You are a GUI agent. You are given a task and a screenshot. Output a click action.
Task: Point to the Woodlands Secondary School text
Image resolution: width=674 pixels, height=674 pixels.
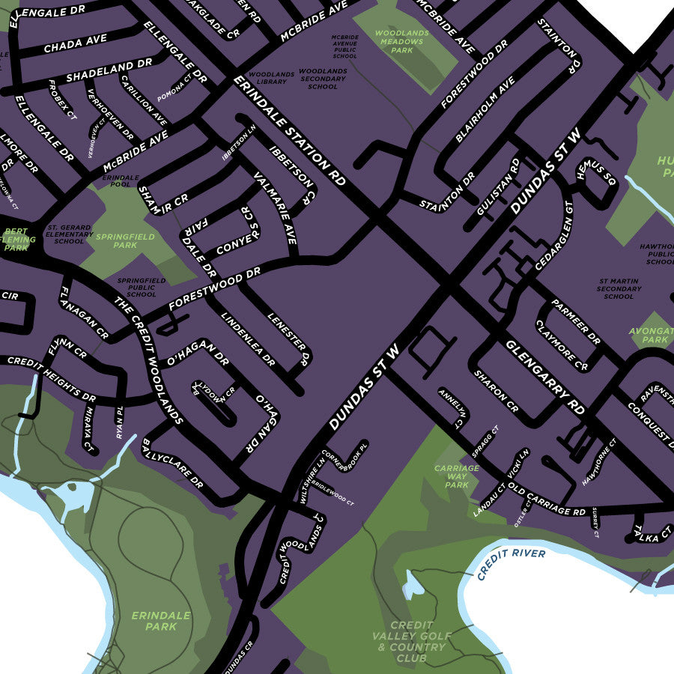[323, 79]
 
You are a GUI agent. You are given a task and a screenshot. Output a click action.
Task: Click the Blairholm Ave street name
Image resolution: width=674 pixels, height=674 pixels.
[485, 110]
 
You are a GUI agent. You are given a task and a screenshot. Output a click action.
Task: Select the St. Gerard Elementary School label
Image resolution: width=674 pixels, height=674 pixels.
[69, 234]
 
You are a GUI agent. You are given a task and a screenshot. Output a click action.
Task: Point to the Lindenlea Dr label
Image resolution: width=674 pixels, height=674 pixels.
[248, 338]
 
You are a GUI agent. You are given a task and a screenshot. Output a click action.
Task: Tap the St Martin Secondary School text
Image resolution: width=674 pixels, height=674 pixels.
[618, 288]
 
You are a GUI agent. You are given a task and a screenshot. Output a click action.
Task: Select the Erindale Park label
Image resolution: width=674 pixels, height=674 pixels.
[161, 621]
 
